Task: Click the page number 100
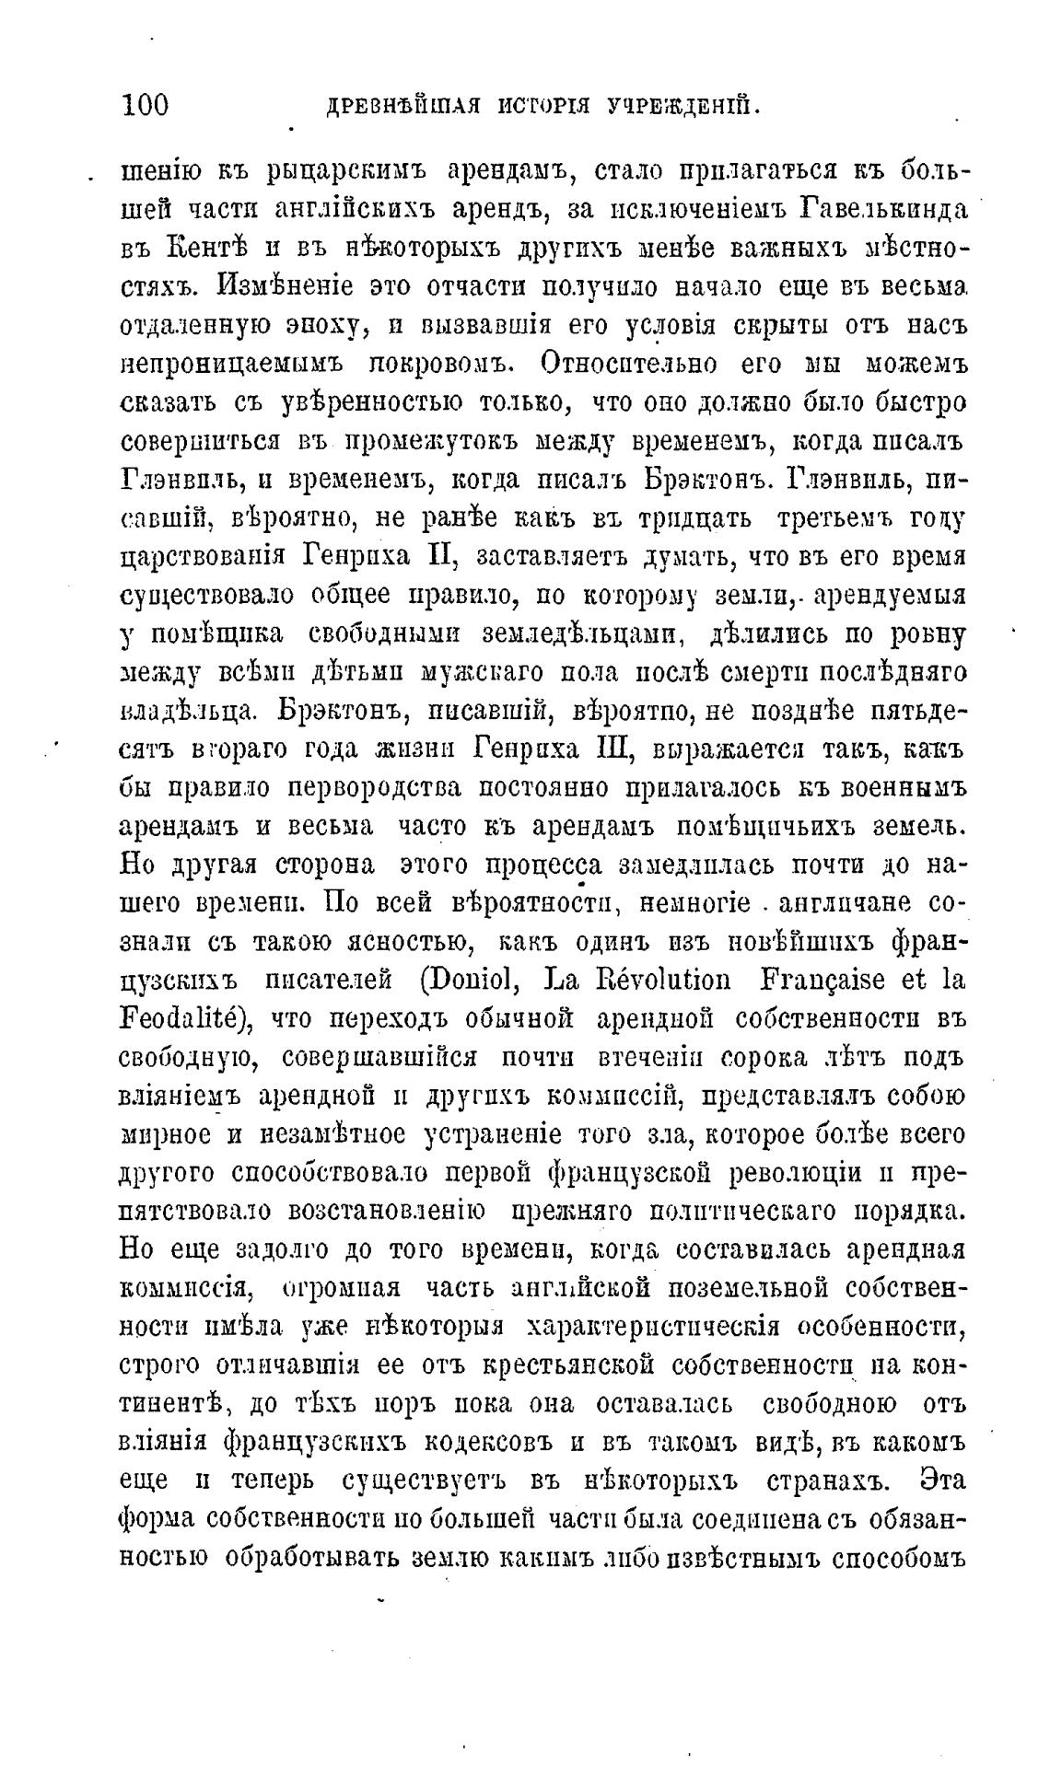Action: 145,105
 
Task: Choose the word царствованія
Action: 204,558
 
